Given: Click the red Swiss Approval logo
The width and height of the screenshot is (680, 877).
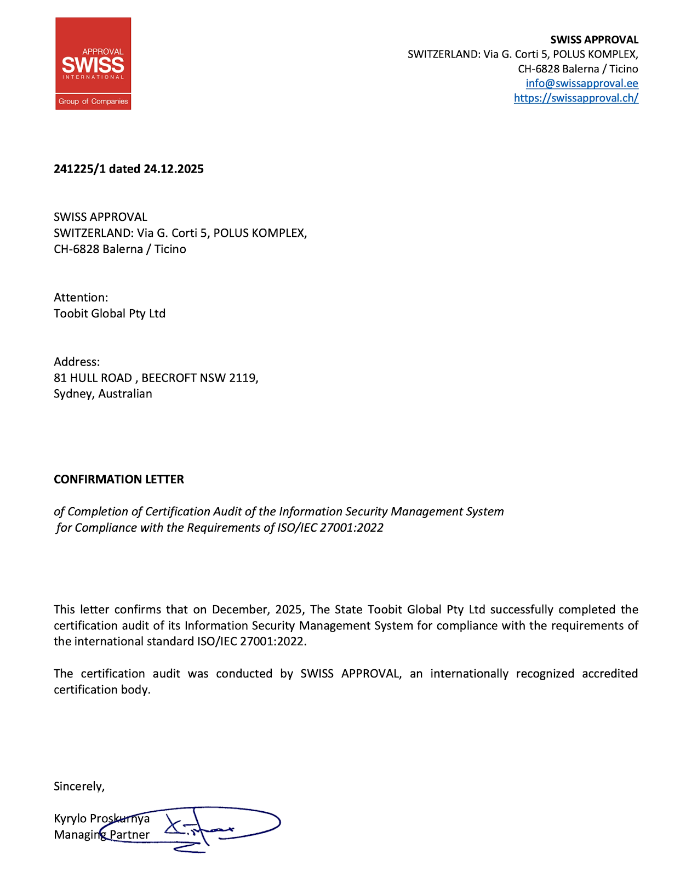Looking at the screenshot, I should (93, 64).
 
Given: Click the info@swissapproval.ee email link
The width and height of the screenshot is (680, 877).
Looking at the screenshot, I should (582, 83).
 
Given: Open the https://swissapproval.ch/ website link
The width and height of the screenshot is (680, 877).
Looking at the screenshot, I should (576, 98).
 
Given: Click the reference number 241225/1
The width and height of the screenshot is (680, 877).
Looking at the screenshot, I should (79, 169).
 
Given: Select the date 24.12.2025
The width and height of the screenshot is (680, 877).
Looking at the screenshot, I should (174, 169).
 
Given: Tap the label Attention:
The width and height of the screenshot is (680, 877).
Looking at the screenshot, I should (81, 298).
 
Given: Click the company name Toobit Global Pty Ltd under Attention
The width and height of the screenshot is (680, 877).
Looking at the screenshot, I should (110, 314).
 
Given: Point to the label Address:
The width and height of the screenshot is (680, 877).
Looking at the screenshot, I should (77, 362).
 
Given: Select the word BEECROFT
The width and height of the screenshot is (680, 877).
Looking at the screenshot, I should (169, 378).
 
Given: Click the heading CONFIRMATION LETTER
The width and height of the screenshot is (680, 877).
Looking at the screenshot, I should (119, 480).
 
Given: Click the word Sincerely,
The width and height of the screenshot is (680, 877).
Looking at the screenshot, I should (79, 787).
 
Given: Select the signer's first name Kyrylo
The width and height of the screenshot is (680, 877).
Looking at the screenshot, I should (70, 819).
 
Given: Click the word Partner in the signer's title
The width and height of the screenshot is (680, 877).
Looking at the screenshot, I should (130, 835).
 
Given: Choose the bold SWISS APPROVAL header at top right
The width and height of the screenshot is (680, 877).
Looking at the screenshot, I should (594, 40).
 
